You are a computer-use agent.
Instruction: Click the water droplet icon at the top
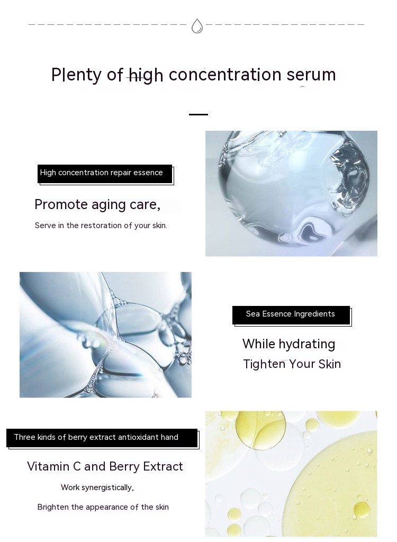[x=197, y=26]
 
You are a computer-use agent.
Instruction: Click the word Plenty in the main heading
[x=76, y=75]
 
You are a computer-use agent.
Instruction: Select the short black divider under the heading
[x=198, y=114]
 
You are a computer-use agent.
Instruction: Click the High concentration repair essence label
[x=105, y=174]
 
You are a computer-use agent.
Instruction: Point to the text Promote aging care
[x=97, y=205]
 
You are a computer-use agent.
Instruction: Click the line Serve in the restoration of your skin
[x=101, y=225]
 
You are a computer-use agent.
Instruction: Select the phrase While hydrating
[x=289, y=344]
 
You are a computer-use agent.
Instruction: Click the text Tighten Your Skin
[x=292, y=364]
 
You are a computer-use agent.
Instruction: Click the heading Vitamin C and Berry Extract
[x=105, y=466]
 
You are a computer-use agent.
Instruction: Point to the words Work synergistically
[x=97, y=487]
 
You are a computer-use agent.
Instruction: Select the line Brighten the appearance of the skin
[x=103, y=507]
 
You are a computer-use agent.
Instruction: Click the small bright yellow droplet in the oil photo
[x=362, y=510]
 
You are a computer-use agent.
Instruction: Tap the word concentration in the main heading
[x=225, y=75]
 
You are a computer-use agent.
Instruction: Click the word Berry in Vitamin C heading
[x=124, y=467]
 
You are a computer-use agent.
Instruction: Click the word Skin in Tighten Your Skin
[x=330, y=364]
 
